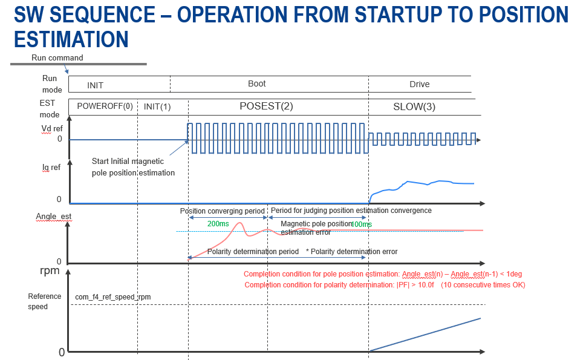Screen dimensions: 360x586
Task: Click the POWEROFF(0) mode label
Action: (x=105, y=106)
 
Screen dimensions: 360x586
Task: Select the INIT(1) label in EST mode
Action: (x=157, y=106)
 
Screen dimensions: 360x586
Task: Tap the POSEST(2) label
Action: (x=266, y=106)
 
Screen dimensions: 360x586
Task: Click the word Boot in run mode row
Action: (x=257, y=84)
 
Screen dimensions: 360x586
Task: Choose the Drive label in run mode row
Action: (x=420, y=84)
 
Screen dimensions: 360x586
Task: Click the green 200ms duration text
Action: (x=218, y=224)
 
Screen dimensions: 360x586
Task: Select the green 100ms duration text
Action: (x=362, y=224)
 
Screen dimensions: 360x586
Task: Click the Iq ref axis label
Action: (x=51, y=168)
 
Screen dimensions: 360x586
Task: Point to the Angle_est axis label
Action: (x=54, y=216)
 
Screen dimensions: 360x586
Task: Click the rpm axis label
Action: (x=50, y=270)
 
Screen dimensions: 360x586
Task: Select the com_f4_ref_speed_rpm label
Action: (x=113, y=297)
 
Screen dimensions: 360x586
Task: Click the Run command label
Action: (x=57, y=58)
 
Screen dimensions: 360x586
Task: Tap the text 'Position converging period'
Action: (x=223, y=211)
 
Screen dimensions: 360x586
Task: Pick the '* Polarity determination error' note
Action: (x=352, y=251)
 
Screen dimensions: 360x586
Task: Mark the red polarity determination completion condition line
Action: (x=385, y=285)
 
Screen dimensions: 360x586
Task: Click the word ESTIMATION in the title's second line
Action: (x=71, y=39)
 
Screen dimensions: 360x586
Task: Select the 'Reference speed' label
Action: (x=45, y=301)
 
